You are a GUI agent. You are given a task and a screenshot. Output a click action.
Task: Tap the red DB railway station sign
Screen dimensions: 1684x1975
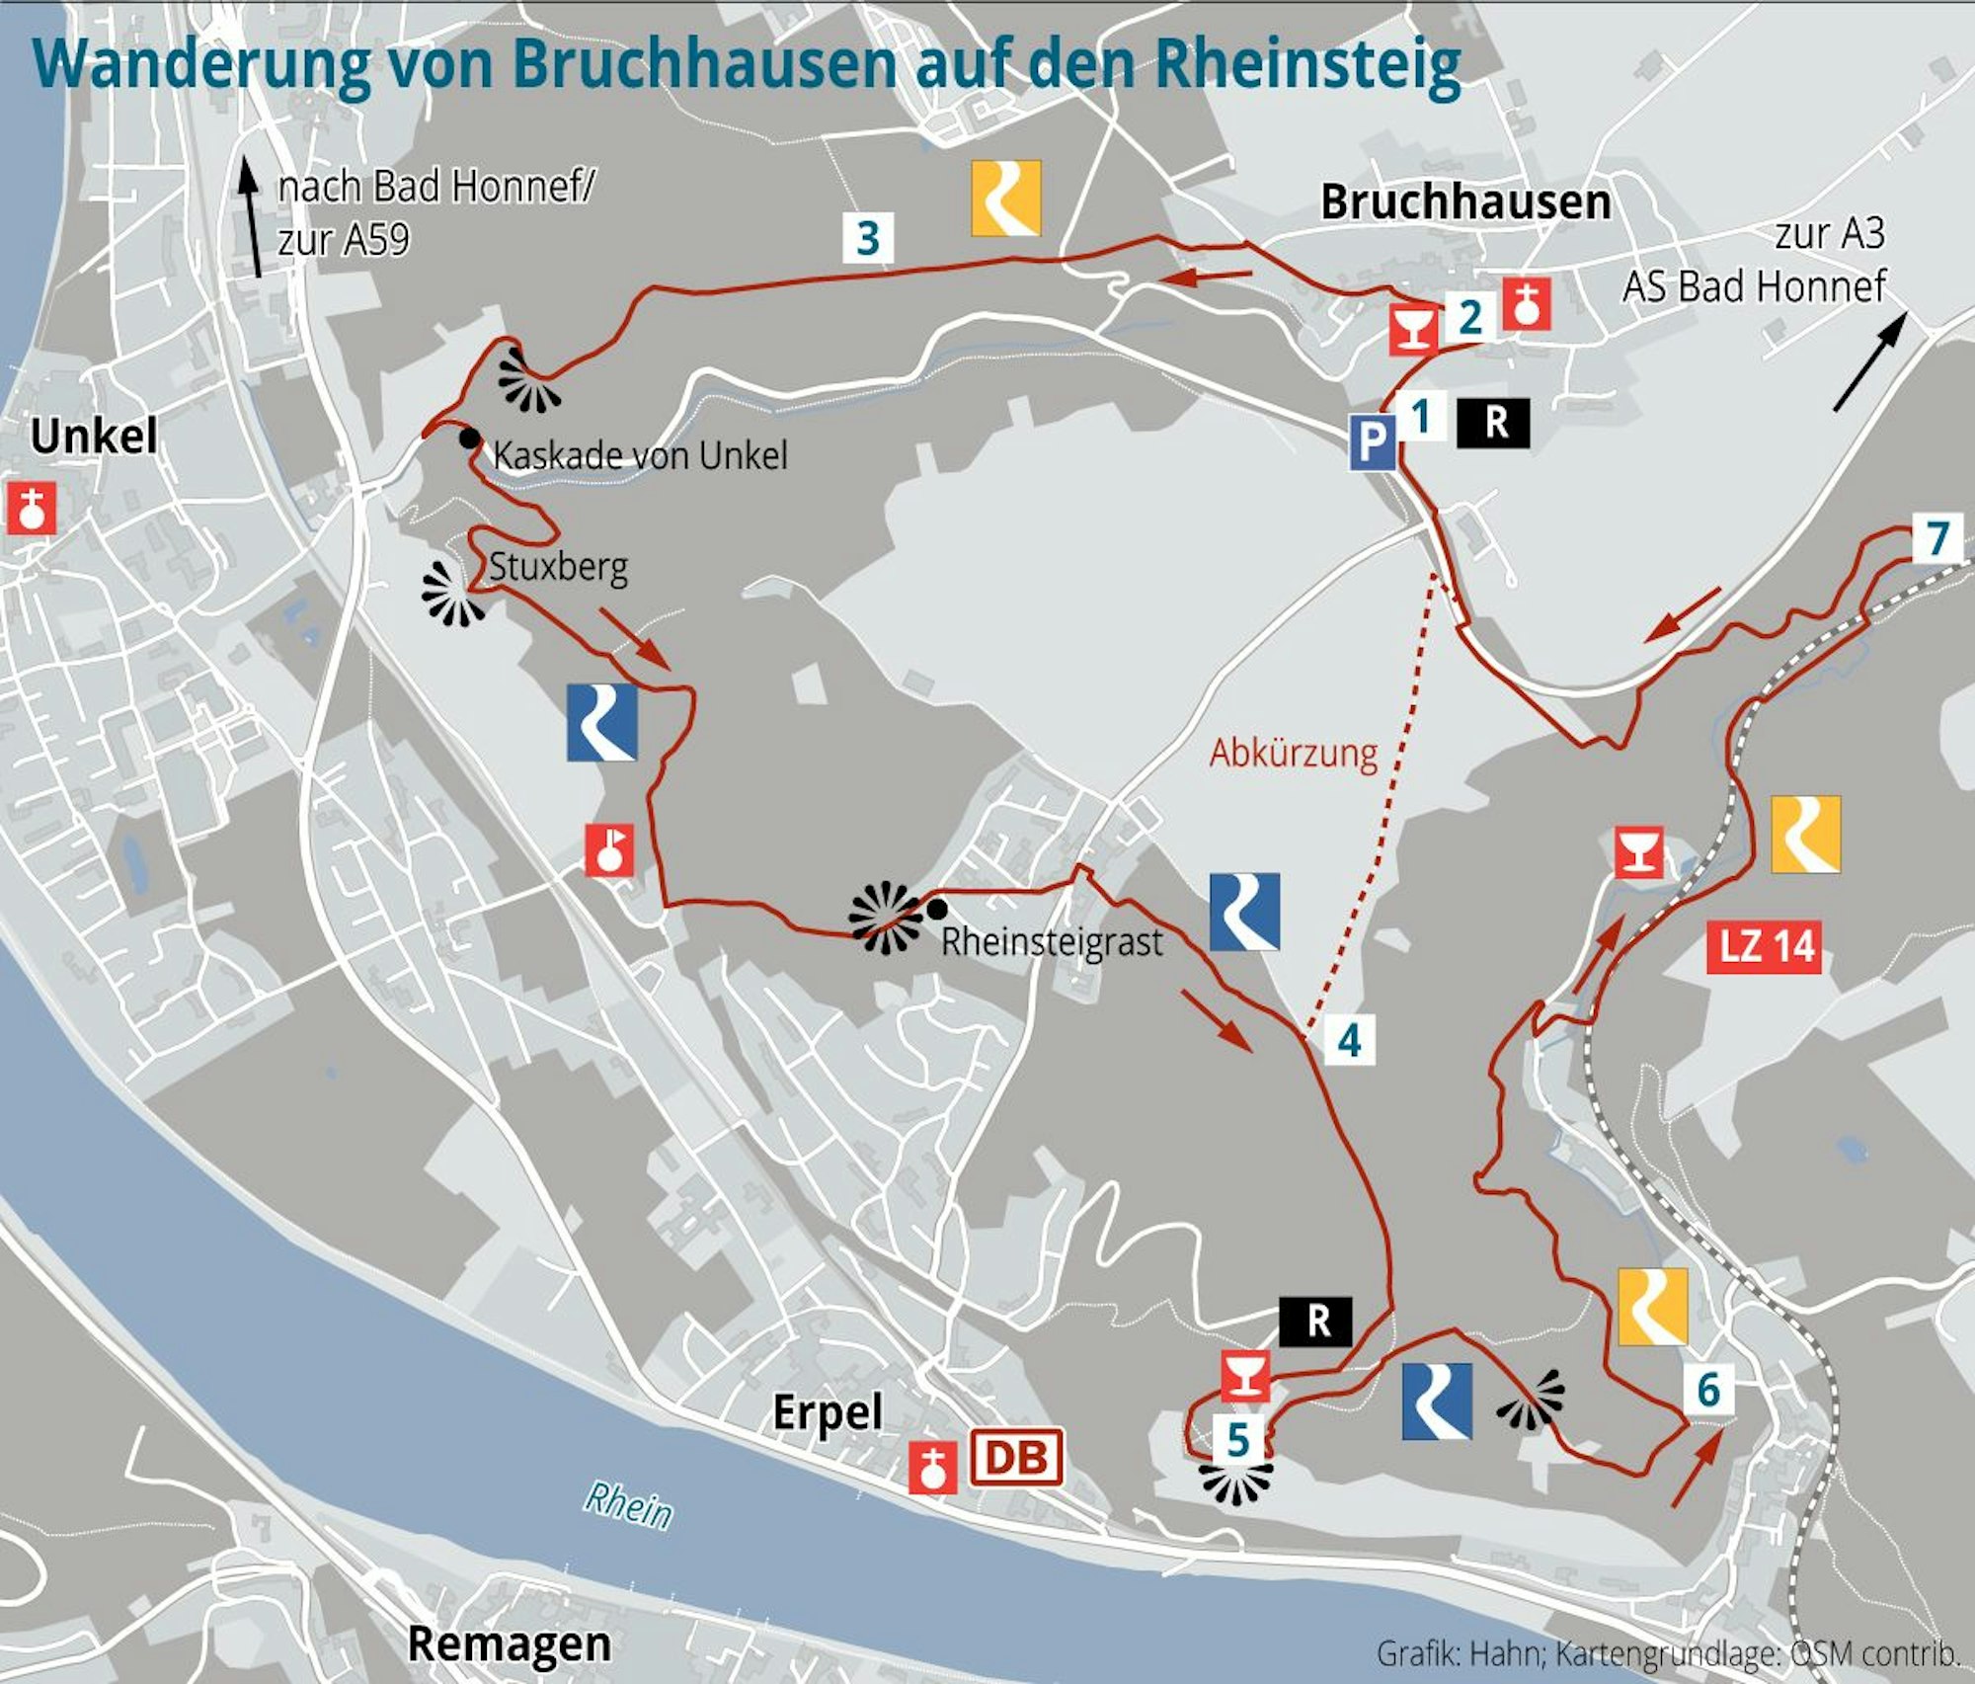coord(1016,1457)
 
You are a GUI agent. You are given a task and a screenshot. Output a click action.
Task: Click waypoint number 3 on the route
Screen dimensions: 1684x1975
coord(868,238)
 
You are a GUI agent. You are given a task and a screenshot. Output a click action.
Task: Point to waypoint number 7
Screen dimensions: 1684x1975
coord(1936,538)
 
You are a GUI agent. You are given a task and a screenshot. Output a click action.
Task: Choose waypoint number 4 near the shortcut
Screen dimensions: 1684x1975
coord(1349,1040)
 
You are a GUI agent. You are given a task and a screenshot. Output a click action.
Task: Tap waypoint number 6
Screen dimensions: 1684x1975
coord(1708,1390)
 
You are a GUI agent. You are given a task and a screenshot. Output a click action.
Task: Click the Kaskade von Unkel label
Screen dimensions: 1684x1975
coord(640,455)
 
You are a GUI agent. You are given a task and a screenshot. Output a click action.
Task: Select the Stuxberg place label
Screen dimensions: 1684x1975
coord(558,567)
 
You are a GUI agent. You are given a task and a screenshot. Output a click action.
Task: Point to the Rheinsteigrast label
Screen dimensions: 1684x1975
coord(1052,941)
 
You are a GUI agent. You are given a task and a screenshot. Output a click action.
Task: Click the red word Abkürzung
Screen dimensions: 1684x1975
coord(1294,754)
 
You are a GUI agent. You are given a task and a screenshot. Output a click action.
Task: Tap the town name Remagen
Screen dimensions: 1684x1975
coord(510,1644)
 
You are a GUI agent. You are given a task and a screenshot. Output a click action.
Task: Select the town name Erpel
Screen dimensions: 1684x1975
coord(827,1412)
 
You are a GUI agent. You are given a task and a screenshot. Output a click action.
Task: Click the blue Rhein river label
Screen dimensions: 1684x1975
coord(628,1505)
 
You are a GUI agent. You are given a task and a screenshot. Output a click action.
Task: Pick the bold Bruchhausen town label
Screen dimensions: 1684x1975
coord(1465,202)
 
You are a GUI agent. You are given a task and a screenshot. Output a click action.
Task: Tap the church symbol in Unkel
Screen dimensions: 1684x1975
coord(32,509)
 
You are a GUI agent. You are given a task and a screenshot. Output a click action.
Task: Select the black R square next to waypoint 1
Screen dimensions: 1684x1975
coord(1493,423)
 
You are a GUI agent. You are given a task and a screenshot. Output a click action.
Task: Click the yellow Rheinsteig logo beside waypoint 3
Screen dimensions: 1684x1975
coord(1005,199)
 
